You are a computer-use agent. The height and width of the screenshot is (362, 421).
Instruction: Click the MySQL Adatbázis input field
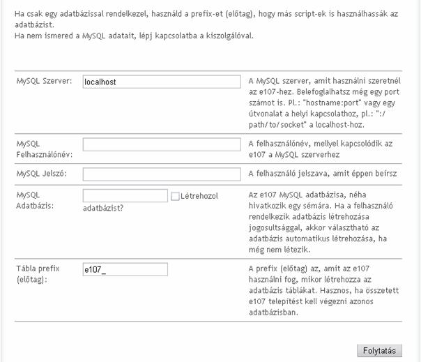click(x=125, y=196)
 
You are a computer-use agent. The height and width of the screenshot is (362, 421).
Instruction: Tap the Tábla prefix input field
click(x=125, y=269)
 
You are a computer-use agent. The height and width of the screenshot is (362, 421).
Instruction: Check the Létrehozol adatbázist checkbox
click(x=175, y=197)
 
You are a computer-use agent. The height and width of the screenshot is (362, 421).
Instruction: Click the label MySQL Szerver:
click(x=44, y=80)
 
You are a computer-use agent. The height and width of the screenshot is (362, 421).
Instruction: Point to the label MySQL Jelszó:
click(x=41, y=173)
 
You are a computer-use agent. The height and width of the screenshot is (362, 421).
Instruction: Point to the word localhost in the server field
click(x=100, y=82)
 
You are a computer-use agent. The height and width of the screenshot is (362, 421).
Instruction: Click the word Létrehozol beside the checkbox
click(x=199, y=196)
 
